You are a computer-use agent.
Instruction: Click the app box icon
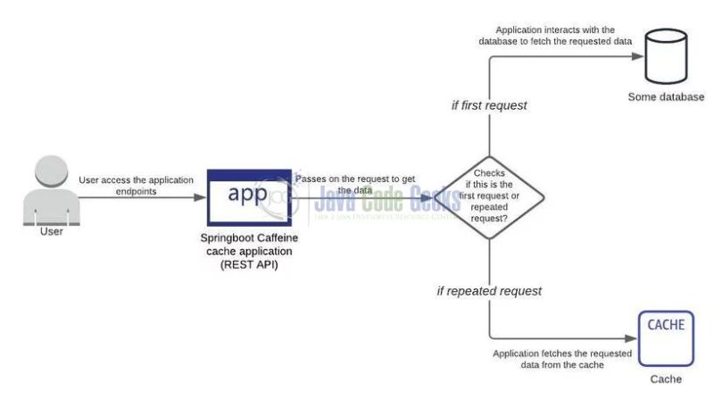(249, 196)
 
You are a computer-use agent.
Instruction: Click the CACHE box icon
(666, 337)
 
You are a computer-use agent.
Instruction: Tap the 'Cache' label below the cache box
(666, 379)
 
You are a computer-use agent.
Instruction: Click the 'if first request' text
(488, 105)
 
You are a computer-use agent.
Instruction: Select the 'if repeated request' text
(488, 291)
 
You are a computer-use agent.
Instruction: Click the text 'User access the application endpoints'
(136, 186)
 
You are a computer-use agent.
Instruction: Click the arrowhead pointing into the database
(639, 56)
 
